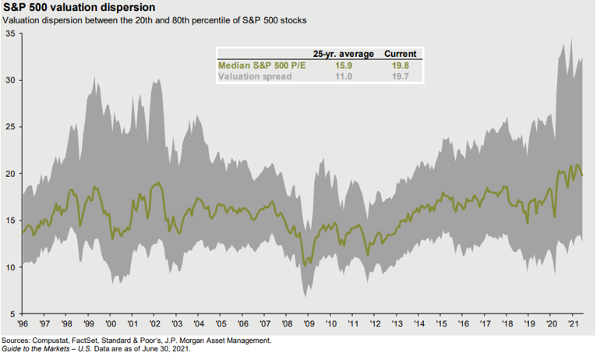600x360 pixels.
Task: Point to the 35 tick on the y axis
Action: coord(9,34)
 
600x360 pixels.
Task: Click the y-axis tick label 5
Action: coord(12,313)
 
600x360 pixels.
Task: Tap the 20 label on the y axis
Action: coord(9,173)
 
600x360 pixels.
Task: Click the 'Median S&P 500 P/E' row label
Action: coord(262,65)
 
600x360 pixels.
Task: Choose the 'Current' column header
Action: coord(401,54)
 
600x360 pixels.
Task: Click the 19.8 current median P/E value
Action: coord(401,65)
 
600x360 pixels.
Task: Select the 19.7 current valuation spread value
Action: coord(401,77)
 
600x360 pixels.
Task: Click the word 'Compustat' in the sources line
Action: coord(54,341)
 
